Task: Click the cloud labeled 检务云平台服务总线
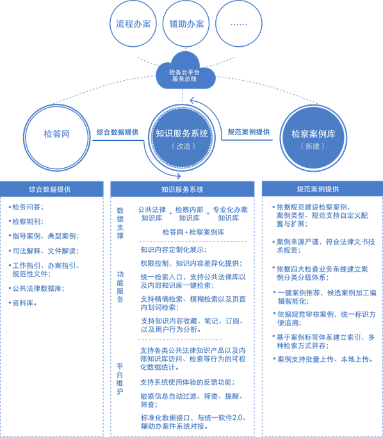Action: pos(186,72)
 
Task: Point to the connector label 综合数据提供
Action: pos(118,133)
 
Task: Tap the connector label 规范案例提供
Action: pos(249,132)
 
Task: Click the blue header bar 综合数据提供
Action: pos(51,189)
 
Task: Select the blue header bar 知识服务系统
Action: pos(183,189)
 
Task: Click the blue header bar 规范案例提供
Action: pos(323,188)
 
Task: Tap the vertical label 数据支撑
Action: pos(120,223)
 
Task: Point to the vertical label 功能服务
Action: pos(120,287)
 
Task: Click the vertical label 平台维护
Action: pos(120,379)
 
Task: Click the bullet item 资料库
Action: pos(23,303)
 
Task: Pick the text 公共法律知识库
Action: pos(152,214)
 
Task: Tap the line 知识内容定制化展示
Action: pos(174,249)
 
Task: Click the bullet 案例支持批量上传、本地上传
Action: pos(323,359)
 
